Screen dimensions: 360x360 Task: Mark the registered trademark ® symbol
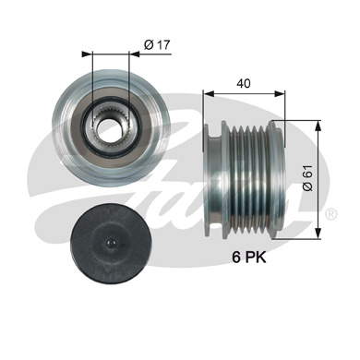(330, 213)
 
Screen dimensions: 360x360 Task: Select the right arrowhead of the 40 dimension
(282, 92)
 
